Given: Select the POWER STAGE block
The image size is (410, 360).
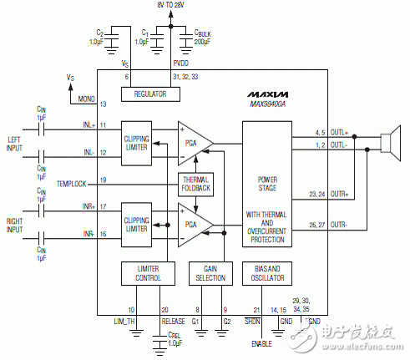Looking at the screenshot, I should (x=267, y=183).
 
